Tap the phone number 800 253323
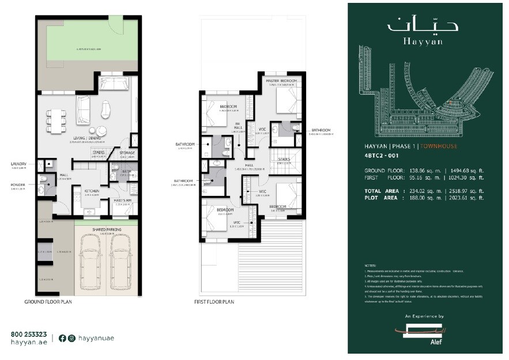click(x=28, y=334)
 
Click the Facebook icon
click(x=62, y=338)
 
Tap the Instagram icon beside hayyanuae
click(x=71, y=338)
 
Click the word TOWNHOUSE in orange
click(x=438, y=146)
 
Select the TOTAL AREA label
click(x=382, y=191)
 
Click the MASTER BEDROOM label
click(x=281, y=79)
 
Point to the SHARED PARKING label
click(x=106, y=229)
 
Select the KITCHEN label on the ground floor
click(x=92, y=191)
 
